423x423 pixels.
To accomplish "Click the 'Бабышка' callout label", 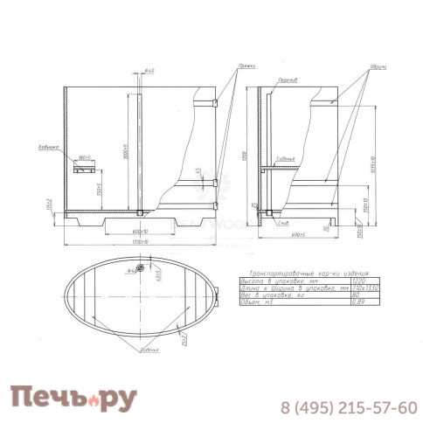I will (48, 148).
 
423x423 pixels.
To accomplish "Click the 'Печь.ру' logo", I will (74, 399).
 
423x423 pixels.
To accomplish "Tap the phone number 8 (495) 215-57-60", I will (347, 407).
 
